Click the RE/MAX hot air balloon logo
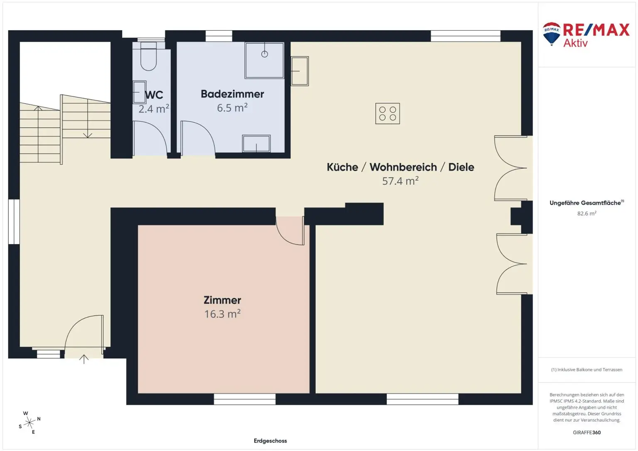552,33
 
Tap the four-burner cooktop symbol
387,113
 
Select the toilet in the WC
148,58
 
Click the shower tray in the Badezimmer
265,60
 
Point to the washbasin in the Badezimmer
256,144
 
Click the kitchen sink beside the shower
299,71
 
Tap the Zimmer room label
222,300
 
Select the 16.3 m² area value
222,314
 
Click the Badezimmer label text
232,94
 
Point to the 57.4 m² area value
400,181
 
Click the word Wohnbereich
403,167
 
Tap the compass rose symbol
29,423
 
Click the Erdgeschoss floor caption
270,441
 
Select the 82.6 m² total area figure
586,213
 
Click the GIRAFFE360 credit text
586,432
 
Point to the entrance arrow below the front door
84,359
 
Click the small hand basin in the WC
139,92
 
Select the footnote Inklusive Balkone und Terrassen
586,370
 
